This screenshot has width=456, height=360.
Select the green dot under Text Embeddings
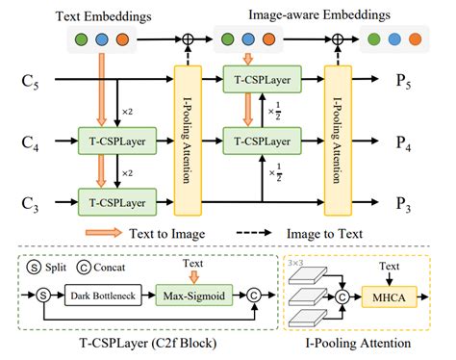79,41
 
